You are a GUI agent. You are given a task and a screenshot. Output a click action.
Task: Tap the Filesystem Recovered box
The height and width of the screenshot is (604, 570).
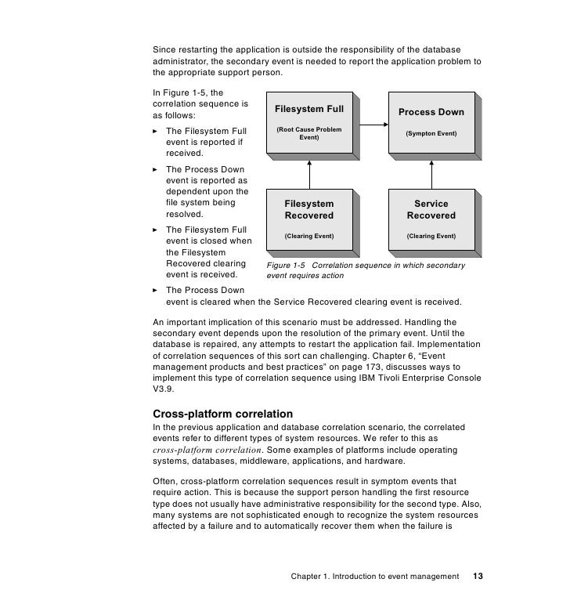(308, 219)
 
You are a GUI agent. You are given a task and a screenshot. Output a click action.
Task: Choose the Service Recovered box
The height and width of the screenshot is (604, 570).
(431, 219)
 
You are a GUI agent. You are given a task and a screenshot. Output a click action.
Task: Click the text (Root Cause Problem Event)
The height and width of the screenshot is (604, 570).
(308, 133)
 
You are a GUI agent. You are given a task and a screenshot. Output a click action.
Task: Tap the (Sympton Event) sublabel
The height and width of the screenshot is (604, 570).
(431, 134)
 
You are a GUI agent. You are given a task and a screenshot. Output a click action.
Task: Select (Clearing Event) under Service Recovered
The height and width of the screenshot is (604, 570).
(431, 236)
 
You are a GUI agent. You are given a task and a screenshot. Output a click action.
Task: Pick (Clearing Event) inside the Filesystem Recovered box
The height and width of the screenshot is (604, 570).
(308, 236)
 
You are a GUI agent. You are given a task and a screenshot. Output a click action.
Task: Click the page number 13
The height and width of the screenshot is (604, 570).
(478, 577)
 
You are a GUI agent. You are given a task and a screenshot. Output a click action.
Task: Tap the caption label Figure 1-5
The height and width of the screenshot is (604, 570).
(285, 266)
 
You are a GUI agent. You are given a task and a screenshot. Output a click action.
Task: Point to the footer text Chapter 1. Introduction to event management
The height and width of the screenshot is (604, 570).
(374, 577)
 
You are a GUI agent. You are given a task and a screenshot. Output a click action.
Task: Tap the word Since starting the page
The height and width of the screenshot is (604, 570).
(164, 51)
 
